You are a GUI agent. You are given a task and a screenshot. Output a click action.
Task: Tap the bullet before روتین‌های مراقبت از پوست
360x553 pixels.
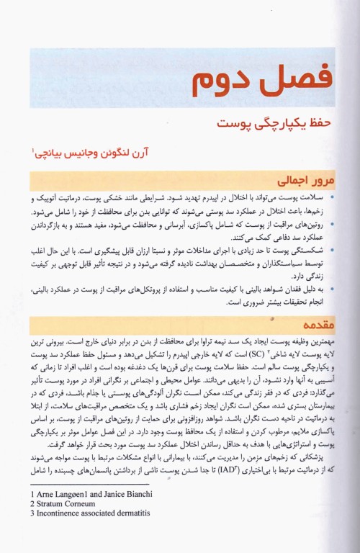click(330, 222)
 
